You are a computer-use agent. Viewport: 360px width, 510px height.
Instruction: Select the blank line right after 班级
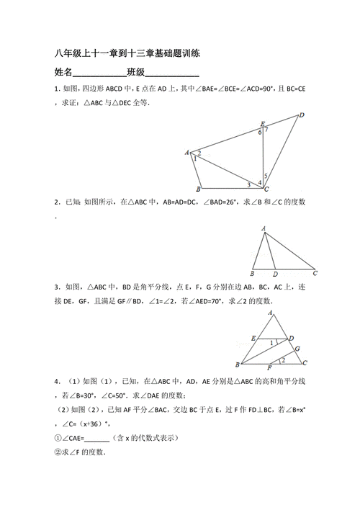pyautogui.click(x=173, y=75)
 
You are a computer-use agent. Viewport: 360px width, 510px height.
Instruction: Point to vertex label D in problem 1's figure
pyautogui.click(x=302, y=115)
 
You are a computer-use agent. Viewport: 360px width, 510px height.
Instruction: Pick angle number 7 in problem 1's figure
pyautogui.click(x=267, y=130)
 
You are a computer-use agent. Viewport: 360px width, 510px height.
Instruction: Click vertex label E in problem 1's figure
pyautogui.click(x=263, y=123)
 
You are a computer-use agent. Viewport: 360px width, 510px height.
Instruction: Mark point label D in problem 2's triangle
pyautogui.click(x=275, y=274)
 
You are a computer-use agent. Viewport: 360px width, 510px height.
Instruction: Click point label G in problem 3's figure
pyautogui.click(x=297, y=349)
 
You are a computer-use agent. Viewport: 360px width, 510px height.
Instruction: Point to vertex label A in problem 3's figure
pyautogui.click(x=270, y=313)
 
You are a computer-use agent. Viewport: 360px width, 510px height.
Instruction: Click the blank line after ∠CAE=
pyautogui.click(x=96, y=438)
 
